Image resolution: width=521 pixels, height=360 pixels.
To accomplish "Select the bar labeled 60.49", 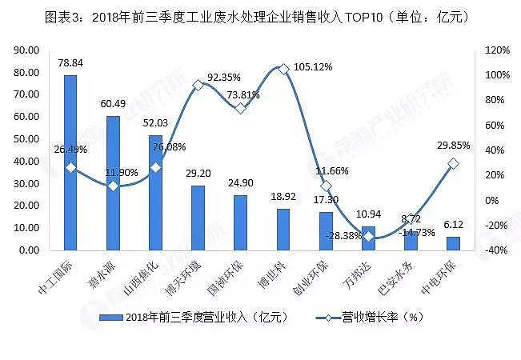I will pos(113,183).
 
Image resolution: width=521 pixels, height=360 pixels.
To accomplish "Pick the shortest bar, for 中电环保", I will pos(453,243).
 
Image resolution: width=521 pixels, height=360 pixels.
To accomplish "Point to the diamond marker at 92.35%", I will pos(198,85).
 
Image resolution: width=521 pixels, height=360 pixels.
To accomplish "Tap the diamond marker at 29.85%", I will pos(453,163).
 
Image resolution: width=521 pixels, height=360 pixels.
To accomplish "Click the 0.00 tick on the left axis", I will pos(31,250).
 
